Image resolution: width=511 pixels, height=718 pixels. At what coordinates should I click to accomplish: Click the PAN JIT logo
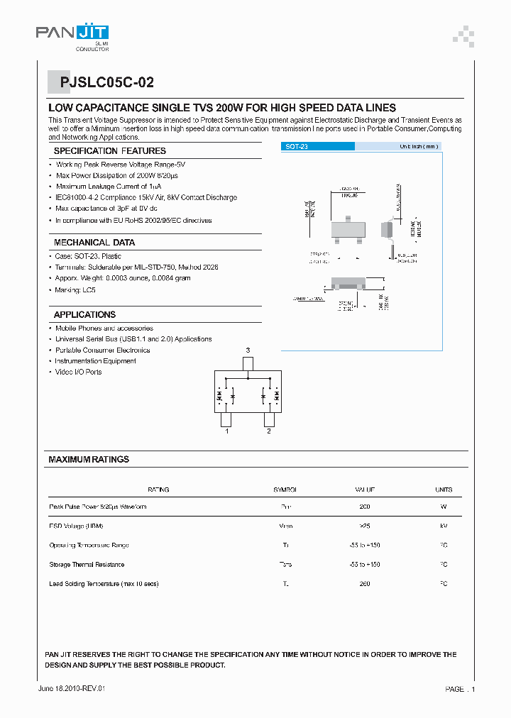[72, 36]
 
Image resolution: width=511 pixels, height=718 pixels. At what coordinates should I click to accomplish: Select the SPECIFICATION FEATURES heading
[110, 151]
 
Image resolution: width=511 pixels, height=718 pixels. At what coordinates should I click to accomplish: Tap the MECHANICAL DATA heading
[94, 243]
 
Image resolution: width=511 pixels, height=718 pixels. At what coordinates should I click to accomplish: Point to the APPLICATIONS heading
[84, 314]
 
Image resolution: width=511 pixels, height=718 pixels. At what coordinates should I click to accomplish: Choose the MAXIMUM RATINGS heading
[89, 460]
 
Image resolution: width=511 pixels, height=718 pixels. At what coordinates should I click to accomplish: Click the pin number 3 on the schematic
[248, 350]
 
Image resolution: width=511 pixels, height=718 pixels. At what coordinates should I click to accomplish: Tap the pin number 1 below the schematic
[227, 431]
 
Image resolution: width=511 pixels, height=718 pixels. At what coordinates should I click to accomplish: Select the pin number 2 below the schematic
[268, 431]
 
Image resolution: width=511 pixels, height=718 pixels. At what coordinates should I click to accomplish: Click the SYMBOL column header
[285, 490]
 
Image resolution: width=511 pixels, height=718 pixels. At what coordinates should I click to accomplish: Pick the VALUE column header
[365, 490]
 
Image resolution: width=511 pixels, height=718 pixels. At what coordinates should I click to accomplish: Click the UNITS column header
[443, 490]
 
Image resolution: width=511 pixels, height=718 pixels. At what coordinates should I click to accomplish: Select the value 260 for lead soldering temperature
[365, 584]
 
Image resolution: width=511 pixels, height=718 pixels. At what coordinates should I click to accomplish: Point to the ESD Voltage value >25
[365, 526]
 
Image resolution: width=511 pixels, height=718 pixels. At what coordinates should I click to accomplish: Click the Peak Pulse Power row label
[98, 507]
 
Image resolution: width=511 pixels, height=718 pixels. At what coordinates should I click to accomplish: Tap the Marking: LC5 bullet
[75, 290]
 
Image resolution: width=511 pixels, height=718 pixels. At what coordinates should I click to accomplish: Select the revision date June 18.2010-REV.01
[72, 689]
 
